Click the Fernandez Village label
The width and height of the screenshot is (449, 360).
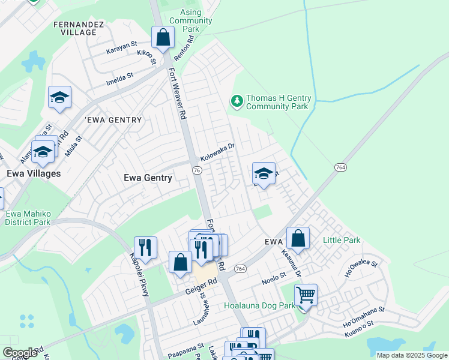pos(79,28)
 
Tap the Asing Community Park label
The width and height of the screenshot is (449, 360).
pos(191,20)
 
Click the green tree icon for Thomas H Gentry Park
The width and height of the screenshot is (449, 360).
pos(238,101)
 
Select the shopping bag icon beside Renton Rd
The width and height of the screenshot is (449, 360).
pos(163,38)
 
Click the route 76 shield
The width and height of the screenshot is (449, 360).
pos(196,170)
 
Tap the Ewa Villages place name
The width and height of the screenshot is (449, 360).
pos(34,173)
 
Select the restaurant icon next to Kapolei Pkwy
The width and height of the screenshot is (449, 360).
pos(145,247)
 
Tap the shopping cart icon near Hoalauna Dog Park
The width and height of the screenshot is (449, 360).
pos(306,295)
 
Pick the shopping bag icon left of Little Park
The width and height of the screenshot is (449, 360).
pos(298,238)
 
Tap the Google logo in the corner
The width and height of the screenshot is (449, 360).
pos(20,353)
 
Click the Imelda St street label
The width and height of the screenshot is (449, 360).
pos(120,78)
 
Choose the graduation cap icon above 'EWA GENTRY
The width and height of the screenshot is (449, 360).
pos(59,98)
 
